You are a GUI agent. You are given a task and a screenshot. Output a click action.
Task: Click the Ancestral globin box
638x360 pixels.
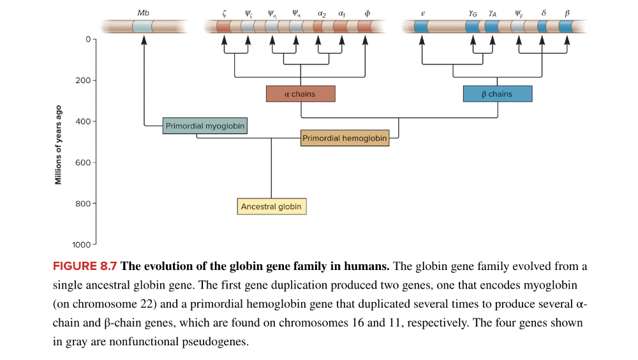tap(271, 206)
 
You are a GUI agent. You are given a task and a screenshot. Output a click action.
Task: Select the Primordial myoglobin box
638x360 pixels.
tap(205, 126)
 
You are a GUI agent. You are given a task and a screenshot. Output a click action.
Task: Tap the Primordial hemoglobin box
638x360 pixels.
tap(345, 138)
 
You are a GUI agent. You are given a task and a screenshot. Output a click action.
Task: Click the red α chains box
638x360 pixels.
tap(300, 94)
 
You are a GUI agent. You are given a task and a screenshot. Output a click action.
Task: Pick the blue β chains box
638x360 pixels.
tap(497, 94)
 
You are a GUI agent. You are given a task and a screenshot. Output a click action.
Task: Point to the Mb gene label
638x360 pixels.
tap(144, 13)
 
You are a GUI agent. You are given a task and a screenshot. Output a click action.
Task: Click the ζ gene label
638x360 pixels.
tap(225, 13)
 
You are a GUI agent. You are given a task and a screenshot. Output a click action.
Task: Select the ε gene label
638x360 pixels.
tap(423, 13)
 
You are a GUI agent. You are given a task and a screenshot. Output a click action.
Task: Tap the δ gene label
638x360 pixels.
tap(543, 13)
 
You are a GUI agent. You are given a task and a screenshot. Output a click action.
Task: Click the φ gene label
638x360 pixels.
tap(367, 13)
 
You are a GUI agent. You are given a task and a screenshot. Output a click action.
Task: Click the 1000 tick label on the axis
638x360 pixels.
tap(81, 244)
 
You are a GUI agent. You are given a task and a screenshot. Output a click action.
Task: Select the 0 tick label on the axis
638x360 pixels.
tap(87, 40)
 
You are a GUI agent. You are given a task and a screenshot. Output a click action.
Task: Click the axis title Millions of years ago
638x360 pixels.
tap(59, 144)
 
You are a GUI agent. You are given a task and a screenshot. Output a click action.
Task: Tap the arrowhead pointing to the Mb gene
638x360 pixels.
tap(144, 40)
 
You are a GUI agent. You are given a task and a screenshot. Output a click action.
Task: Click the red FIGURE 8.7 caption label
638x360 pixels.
tap(85, 266)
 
